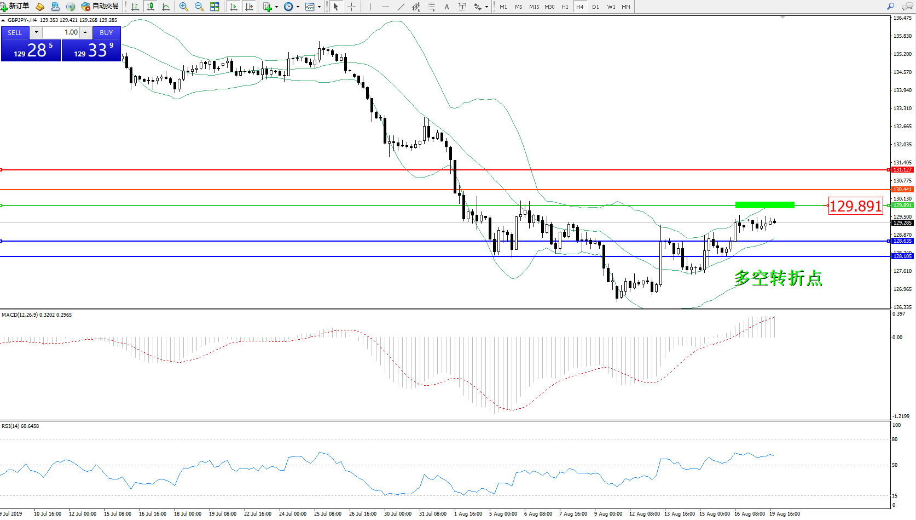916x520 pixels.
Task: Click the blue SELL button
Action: (15, 33)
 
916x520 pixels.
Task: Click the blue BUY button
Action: (106, 33)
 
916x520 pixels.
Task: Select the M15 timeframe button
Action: (534, 7)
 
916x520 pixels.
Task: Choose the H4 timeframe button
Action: (579, 7)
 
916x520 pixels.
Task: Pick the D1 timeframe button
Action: (595, 7)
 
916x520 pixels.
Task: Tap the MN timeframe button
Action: (625, 7)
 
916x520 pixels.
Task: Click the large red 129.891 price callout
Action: (855, 206)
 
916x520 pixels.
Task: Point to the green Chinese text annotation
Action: (778, 278)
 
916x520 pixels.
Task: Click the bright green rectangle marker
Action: (764, 205)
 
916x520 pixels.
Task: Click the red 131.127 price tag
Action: (902, 170)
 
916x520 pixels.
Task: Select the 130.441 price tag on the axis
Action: (902, 190)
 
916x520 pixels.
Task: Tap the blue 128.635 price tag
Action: (902, 241)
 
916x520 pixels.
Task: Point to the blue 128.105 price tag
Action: (902, 256)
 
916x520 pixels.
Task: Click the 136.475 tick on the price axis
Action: (902, 18)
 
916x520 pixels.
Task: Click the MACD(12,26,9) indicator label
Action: (20, 315)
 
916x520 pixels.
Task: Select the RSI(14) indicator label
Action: (10, 426)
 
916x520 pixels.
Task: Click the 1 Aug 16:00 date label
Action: (468, 514)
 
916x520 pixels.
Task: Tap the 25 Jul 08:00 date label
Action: (328, 514)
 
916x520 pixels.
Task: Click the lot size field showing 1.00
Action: (61, 32)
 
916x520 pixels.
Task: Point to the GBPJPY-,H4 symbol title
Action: (22, 20)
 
